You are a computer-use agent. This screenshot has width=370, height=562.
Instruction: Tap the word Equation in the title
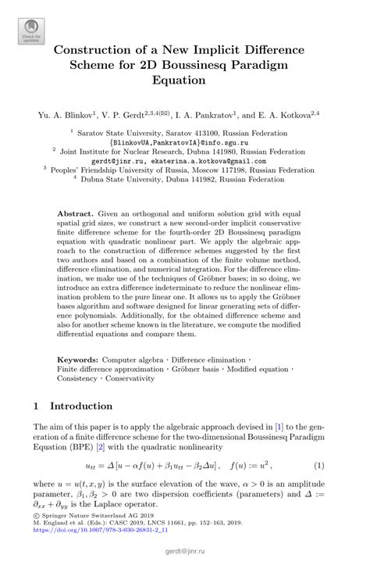184,84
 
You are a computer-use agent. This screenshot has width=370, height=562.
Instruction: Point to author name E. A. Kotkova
297,115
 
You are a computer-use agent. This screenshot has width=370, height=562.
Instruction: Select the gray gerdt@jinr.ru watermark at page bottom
185,552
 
